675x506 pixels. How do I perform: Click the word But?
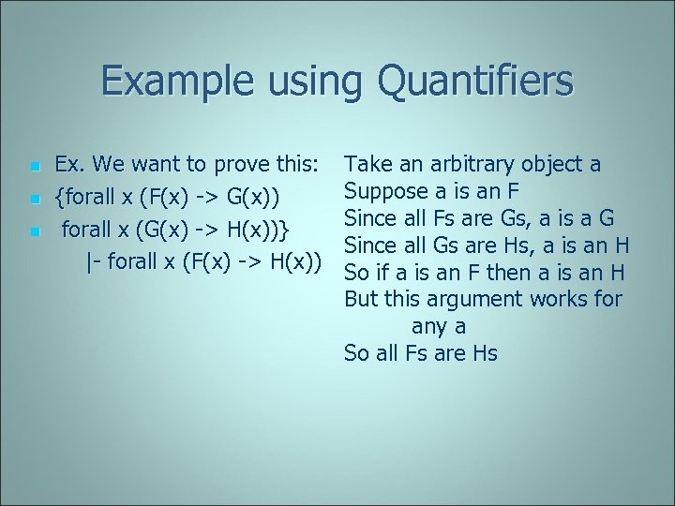[361, 300]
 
